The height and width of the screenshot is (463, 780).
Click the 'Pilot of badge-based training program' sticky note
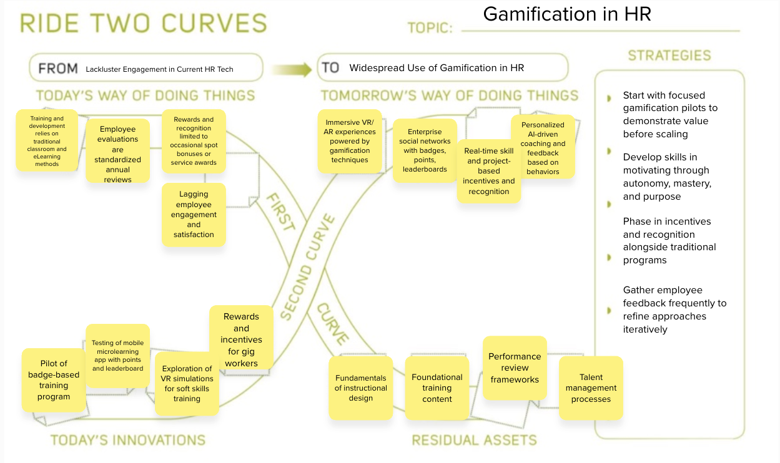point(54,380)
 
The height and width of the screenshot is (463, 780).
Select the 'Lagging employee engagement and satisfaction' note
point(194,214)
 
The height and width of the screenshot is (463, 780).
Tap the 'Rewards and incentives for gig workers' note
point(241,339)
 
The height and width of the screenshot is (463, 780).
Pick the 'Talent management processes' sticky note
point(591,387)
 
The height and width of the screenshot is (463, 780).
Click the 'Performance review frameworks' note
point(515,368)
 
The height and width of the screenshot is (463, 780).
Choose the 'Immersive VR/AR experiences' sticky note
point(350,141)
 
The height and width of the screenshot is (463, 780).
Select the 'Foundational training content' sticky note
point(437,387)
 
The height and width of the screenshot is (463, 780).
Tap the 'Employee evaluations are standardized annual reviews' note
point(118,154)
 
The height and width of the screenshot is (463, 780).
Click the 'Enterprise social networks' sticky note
point(425,150)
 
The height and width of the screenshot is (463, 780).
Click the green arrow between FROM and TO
point(292,69)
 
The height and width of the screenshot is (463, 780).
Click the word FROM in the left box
point(58,69)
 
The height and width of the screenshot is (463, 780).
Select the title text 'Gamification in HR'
point(567,14)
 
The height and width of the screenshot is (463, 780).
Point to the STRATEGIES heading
point(669,56)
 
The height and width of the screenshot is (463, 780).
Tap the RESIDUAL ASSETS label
point(474,440)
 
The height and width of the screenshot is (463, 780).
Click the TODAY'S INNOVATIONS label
point(128,440)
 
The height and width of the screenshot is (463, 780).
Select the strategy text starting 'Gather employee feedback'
point(674,309)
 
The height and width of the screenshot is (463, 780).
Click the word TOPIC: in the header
point(430,28)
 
